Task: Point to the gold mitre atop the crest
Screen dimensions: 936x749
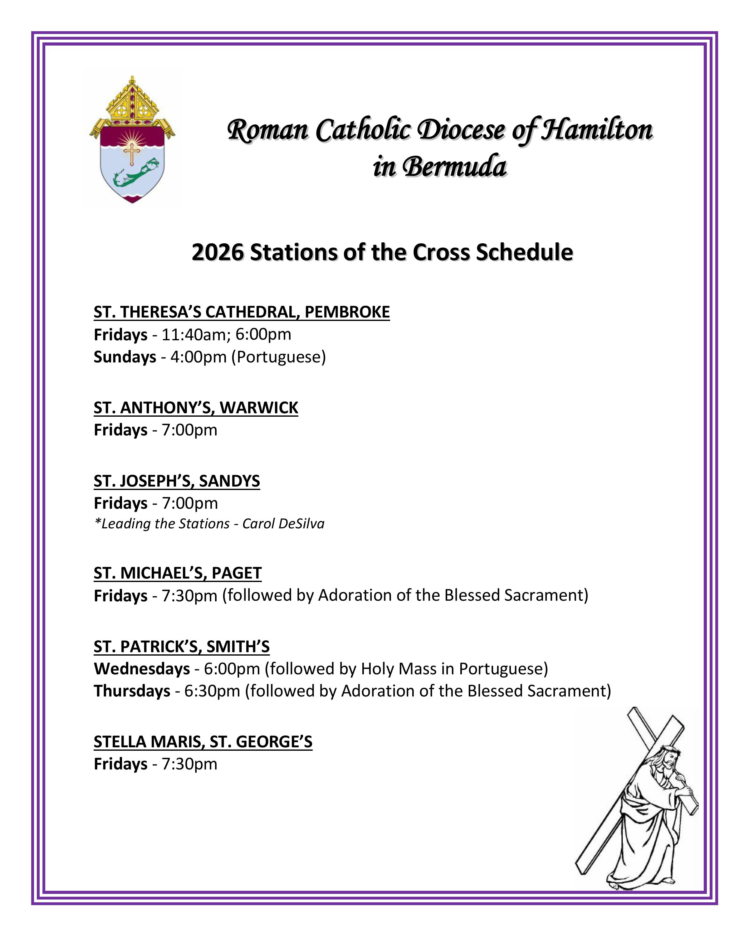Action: [x=132, y=102]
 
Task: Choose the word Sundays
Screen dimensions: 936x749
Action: [x=125, y=357]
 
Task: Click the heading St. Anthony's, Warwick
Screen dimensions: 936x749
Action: [x=196, y=408]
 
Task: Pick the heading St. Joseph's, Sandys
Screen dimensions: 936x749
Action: [x=177, y=481]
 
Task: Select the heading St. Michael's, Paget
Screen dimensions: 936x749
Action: [x=178, y=573]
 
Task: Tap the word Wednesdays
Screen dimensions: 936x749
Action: [x=142, y=669]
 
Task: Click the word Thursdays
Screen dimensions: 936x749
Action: [x=132, y=691]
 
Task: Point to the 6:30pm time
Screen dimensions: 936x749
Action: [x=212, y=691]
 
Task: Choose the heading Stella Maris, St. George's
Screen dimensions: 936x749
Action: [x=203, y=742]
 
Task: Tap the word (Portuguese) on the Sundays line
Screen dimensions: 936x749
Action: [x=278, y=357]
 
